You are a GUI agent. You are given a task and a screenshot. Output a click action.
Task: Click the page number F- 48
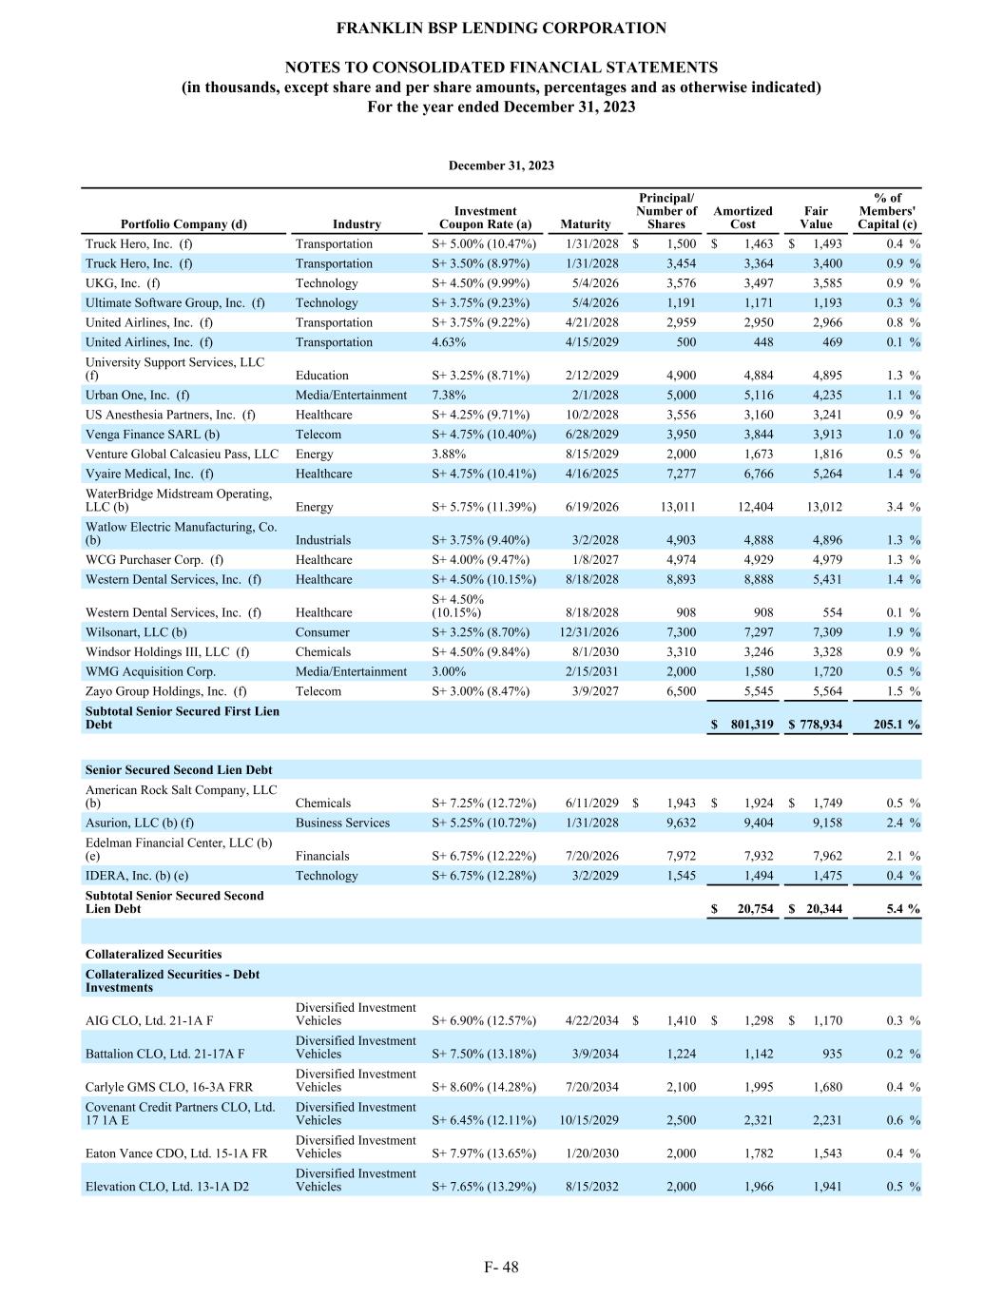coord(501,1267)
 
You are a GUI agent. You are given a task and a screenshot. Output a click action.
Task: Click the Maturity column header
coord(586,224)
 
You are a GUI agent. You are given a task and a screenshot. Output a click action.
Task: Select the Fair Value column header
coord(816,218)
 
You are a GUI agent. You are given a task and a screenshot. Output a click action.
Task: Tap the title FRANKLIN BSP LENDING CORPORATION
coord(501,29)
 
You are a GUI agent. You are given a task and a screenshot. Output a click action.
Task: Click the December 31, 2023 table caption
coord(501,165)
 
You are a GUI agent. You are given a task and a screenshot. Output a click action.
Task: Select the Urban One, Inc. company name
coord(137,396)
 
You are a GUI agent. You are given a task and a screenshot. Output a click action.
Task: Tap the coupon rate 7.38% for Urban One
coord(448,396)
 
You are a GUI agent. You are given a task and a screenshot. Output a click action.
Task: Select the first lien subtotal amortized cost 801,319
coord(752,725)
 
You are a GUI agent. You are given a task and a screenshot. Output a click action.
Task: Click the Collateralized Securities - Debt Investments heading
coord(172,980)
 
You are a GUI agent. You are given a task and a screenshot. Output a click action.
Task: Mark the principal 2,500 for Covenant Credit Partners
coord(681,1120)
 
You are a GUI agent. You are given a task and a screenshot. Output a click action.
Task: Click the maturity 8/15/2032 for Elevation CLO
coord(591,1187)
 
